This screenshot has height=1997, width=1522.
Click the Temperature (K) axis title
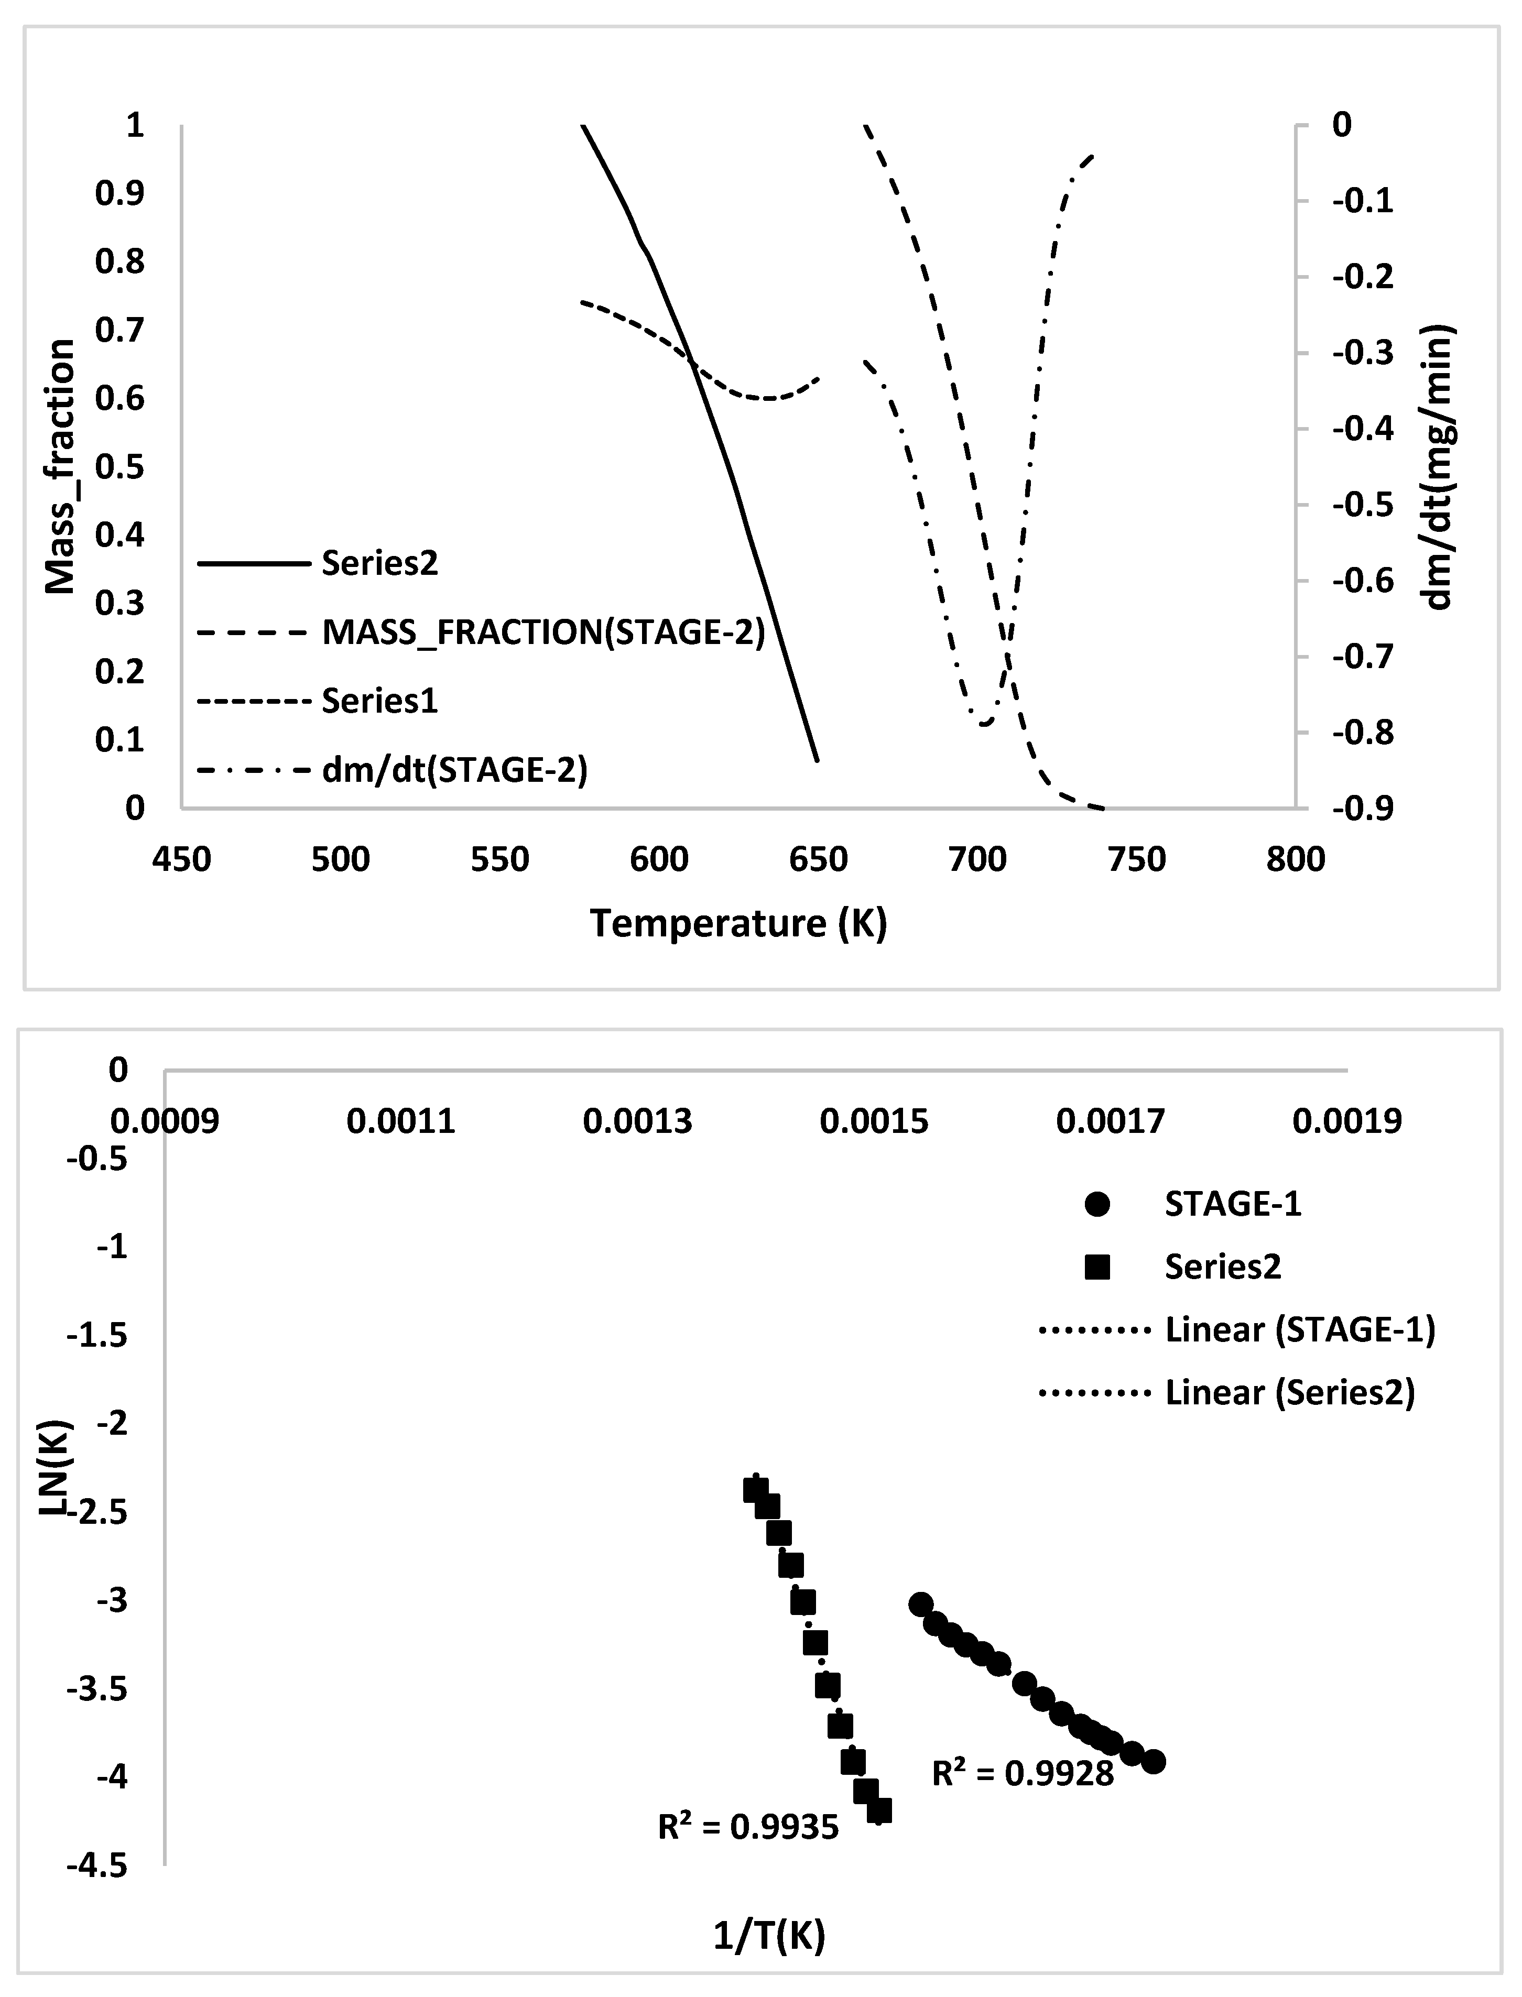click(x=738, y=924)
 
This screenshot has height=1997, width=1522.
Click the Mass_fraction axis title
click(x=60, y=466)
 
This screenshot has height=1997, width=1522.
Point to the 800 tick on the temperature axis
click(x=1296, y=858)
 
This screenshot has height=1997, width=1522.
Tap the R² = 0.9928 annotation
click(x=1023, y=1773)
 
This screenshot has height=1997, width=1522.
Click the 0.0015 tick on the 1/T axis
click(x=874, y=1122)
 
